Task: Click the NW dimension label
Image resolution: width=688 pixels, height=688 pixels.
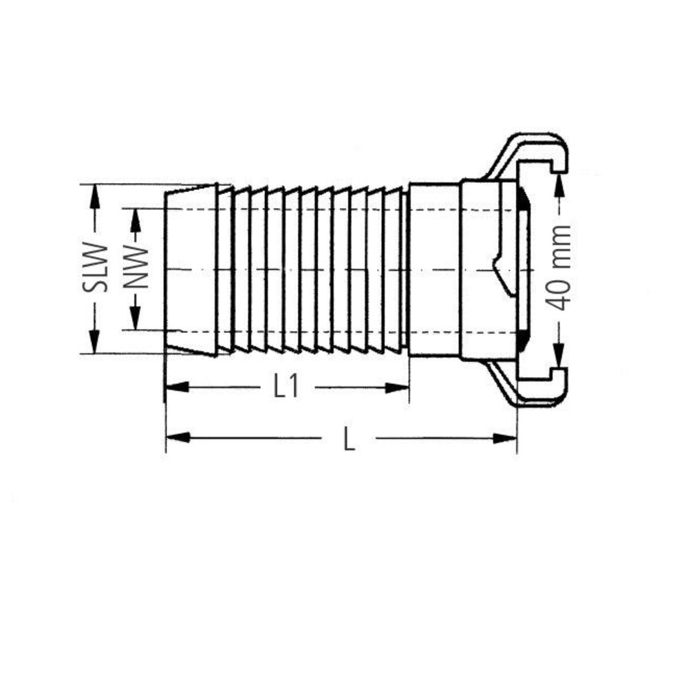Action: tap(136, 267)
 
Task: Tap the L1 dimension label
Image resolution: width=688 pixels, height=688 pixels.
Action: tap(286, 387)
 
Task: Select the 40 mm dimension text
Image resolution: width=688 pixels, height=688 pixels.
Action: tap(559, 268)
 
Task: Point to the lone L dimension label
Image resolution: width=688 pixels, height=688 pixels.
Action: tap(350, 439)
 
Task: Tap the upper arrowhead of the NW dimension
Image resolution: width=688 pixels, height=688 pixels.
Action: tap(136, 220)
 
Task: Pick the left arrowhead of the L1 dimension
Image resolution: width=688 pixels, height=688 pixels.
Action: tap(178, 387)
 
